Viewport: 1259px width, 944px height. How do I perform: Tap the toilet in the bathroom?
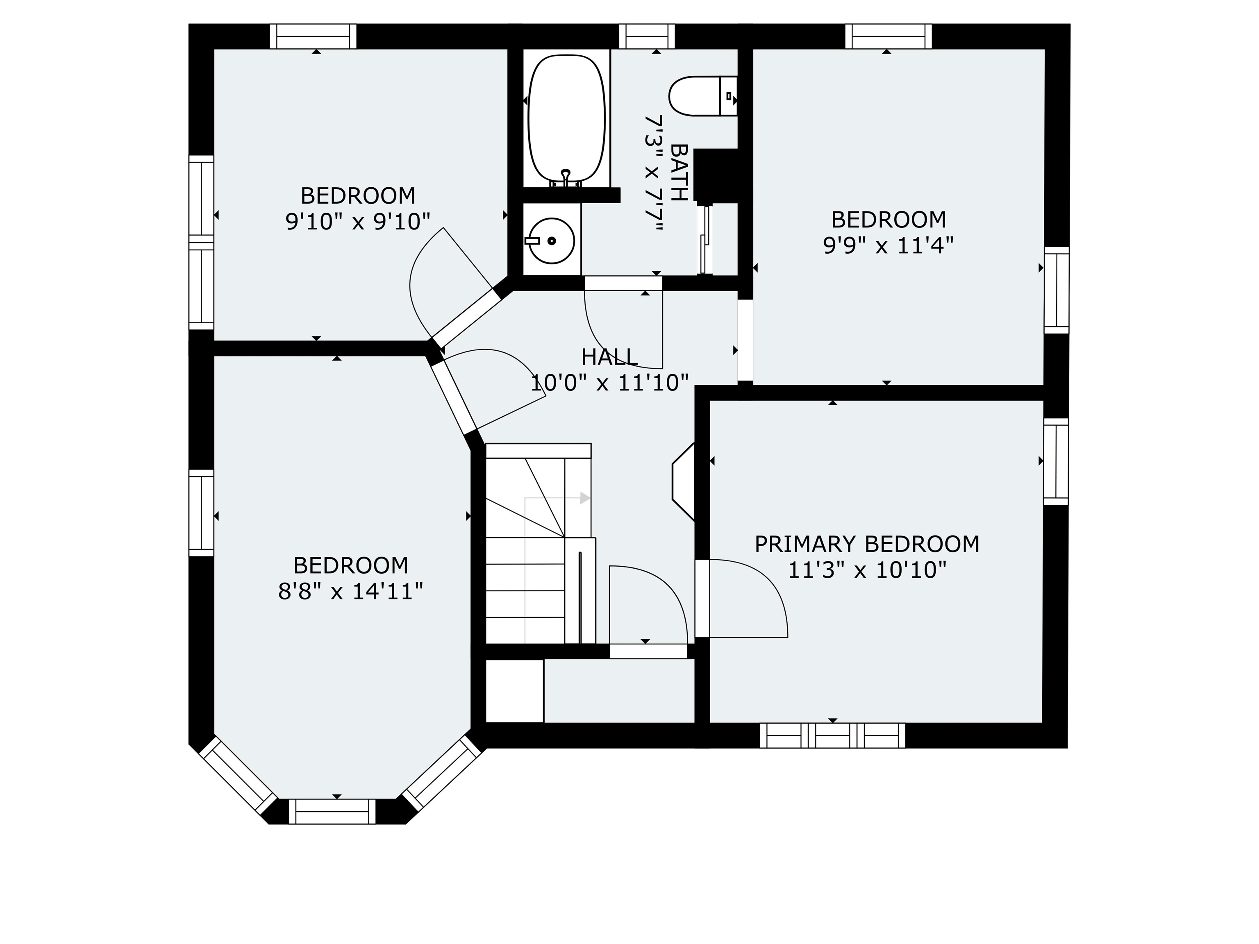click(703, 95)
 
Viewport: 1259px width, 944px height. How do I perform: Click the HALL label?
click(609, 357)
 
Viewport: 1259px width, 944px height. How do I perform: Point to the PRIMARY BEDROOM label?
click(867, 544)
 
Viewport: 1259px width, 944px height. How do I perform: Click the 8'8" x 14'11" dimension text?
click(350, 592)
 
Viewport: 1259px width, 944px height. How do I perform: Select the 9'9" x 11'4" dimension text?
click(889, 246)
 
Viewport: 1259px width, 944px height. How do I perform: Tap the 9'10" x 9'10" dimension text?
click(357, 221)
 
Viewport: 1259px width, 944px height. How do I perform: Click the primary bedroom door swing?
click(748, 598)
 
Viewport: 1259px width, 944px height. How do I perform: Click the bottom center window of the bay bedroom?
click(336, 811)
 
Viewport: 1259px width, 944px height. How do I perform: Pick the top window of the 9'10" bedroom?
click(313, 36)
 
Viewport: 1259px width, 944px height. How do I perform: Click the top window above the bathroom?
click(647, 36)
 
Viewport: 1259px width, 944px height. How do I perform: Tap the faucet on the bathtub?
click(566, 177)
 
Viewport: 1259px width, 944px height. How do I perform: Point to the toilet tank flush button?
click(729, 95)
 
